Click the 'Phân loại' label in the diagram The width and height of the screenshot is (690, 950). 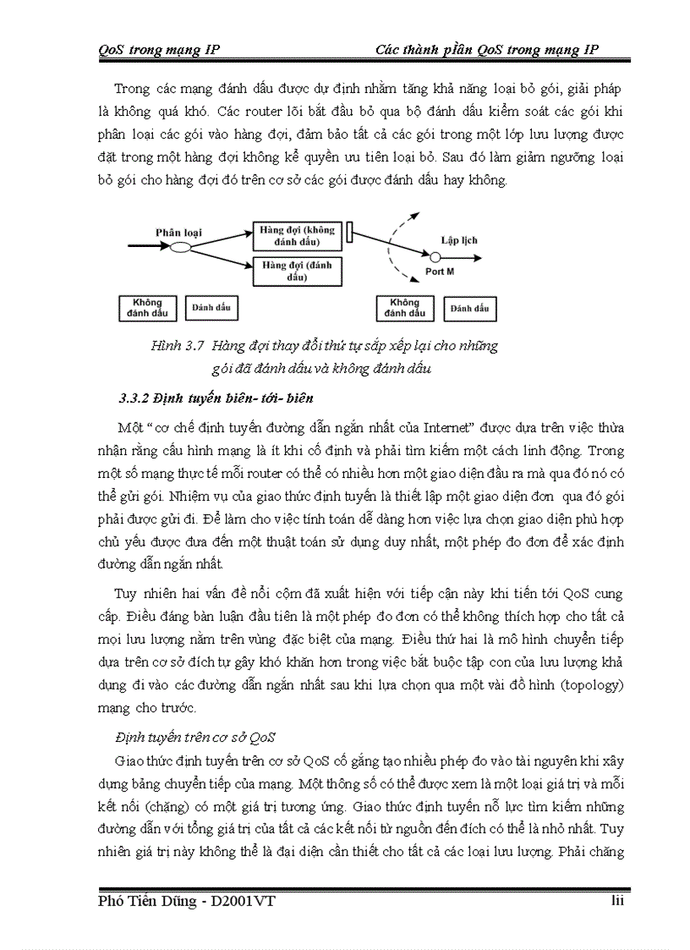(x=178, y=231)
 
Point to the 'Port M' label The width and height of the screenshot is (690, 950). (x=440, y=272)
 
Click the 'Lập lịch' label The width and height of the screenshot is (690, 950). (x=459, y=240)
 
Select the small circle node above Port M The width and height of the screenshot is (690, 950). (x=435, y=256)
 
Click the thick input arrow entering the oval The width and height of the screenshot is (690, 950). (x=147, y=247)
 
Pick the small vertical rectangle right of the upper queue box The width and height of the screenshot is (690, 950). (x=349, y=230)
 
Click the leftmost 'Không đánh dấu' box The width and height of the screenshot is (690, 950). (x=147, y=308)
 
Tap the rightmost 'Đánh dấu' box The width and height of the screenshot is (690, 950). (x=470, y=308)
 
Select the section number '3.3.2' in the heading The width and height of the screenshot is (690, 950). (x=134, y=398)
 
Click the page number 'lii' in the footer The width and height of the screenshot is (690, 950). (x=617, y=901)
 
